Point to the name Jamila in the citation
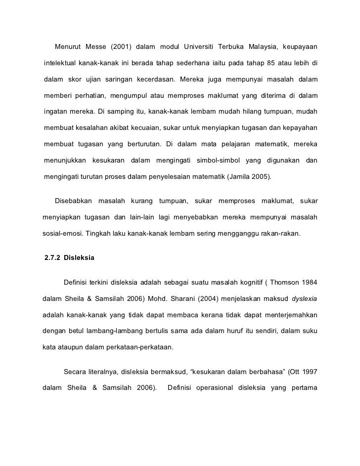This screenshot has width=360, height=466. coord(239,176)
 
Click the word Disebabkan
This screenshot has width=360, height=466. coord(73,201)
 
